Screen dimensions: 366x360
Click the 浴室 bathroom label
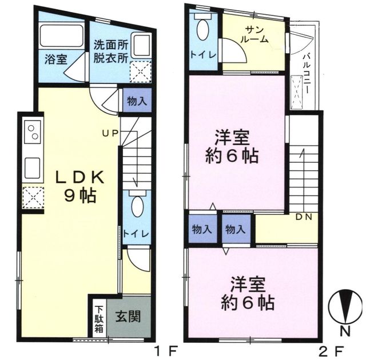[56, 59]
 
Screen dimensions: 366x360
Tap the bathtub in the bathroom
[62, 35]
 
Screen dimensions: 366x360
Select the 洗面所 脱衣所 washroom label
[111, 51]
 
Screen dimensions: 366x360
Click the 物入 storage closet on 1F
[137, 101]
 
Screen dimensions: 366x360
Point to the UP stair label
[110, 133]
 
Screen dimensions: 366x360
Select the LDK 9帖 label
[79, 187]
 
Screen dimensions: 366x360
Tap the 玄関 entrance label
[128, 317]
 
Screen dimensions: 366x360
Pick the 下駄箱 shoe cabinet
[99, 319]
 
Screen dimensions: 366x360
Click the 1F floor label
[166, 350]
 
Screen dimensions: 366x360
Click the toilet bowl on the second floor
[203, 29]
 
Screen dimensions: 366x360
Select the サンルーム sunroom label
[254, 34]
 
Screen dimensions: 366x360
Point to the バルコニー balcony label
[306, 74]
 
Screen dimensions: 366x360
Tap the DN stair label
[304, 217]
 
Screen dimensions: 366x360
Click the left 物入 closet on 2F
[202, 229]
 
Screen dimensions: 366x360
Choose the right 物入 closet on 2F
[236, 229]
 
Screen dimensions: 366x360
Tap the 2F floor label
[332, 350]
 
